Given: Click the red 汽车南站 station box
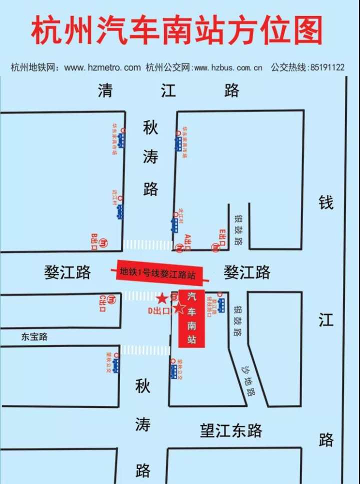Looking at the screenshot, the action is click(191, 318).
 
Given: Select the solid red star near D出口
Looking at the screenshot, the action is click(162, 299).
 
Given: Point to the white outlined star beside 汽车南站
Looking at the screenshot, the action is click(178, 308).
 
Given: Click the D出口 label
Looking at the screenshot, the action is click(158, 310).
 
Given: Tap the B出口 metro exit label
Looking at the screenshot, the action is click(94, 238).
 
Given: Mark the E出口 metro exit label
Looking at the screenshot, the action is click(222, 237).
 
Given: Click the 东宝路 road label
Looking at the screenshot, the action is click(34, 336).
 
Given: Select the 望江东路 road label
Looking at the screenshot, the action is click(231, 430).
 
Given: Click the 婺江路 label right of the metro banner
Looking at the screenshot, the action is click(247, 272).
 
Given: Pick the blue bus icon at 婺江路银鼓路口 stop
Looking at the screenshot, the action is click(220, 305).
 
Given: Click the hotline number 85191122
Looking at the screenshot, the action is click(327, 67).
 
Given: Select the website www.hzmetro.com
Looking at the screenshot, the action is click(102, 67).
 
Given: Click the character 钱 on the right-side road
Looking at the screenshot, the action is click(326, 203).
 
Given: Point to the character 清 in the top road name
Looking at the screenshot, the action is click(105, 90).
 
